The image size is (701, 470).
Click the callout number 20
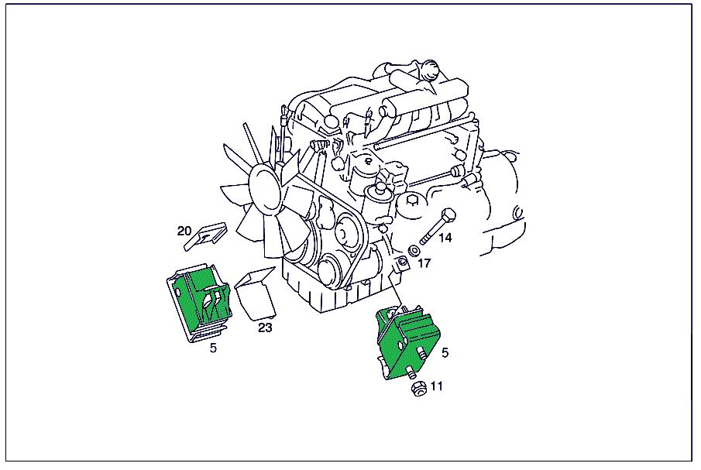click(x=184, y=231)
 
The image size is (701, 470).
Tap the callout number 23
click(x=265, y=328)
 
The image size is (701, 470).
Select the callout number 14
click(x=445, y=238)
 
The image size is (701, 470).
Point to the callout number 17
click(x=424, y=263)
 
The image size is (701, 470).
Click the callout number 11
click(x=437, y=385)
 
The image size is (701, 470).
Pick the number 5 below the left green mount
click(x=213, y=348)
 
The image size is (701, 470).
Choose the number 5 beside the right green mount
click(x=445, y=352)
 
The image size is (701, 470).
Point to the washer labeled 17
click(x=414, y=251)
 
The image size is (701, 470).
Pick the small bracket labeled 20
click(x=205, y=236)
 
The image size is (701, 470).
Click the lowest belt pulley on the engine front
click(x=334, y=271)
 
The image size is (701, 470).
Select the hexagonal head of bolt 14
click(x=448, y=216)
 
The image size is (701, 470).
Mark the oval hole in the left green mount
click(x=178, y=293)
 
